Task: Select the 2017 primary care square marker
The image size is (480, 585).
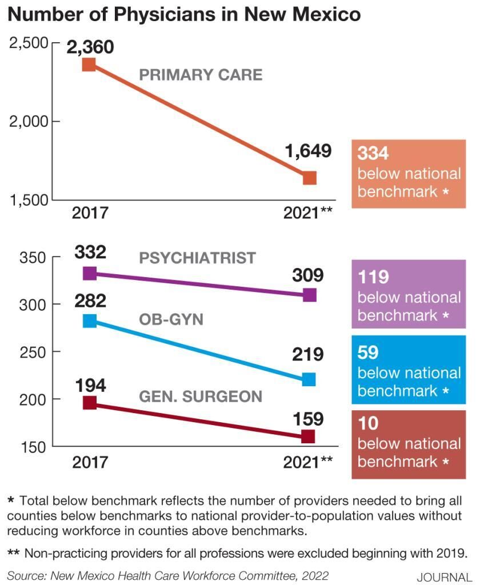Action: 89,64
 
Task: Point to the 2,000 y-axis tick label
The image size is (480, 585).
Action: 28,122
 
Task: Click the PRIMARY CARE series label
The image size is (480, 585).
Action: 201,75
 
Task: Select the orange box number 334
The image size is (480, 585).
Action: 373,153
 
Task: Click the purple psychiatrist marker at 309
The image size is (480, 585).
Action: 309,295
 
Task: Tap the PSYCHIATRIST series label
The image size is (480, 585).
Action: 197,258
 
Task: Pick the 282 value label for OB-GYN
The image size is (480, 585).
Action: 90,300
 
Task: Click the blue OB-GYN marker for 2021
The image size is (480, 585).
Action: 309,379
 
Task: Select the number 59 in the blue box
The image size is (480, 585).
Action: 368,352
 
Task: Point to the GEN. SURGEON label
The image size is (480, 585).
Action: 201,396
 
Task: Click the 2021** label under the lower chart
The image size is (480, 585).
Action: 307,462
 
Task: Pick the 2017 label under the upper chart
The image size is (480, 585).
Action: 90,213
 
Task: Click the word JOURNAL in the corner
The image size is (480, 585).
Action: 445,577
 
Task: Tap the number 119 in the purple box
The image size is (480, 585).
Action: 373,277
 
